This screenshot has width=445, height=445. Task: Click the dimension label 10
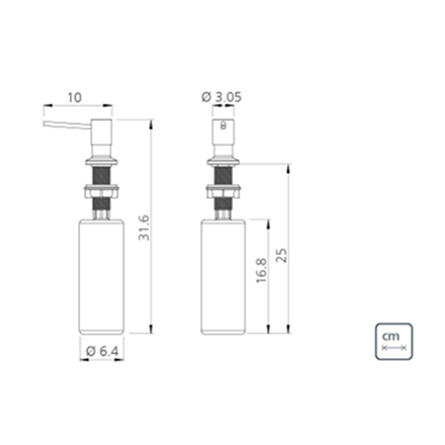pyautogui.click(x=75, y=97)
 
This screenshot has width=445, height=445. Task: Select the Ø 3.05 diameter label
pyautogui.click(x=222, y=97)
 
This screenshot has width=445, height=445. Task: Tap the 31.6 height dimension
pyautogui.click(x=144, y=228)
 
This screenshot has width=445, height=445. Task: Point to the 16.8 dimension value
pyautogui.click(x=262, y=271)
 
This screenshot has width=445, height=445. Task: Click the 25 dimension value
pyautogui.click(x=281, y=255)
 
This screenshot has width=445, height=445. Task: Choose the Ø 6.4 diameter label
pyautogui.click(x=102, y=352)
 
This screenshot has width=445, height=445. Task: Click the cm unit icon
pyautogui.click(x=393, y=342)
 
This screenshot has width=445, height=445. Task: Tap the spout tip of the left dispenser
pyautogui.click(x=44, y=124)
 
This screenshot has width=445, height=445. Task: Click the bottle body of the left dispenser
pyautogui.click(x=101, y=277)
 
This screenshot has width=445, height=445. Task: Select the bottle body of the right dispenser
pyautogui.click(x=223, y=277)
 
